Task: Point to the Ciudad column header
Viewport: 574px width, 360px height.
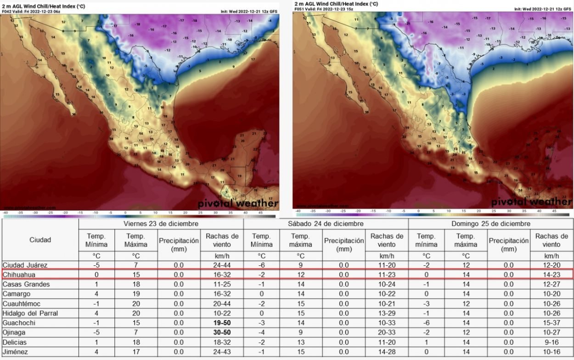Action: pyautogui.click(x=40, y=240)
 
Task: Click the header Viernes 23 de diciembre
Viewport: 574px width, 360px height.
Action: pyautogui.click(x=161, y=224)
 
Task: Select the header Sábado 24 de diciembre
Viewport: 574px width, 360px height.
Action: pyautogui.click(x=326, y=224)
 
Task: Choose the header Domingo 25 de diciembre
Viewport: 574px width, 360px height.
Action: pyautogui.click(x=490, y=224)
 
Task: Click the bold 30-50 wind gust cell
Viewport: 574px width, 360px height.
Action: pyautogui.click(x=222, y=332)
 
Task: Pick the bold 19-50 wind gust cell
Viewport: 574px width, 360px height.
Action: pyautogui.click(x=222, y=323)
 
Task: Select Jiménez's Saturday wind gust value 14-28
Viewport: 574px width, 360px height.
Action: pyautogui.click(x=387, y=352)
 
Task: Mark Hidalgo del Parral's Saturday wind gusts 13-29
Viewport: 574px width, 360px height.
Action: pyautogui.click(x=387, y=313)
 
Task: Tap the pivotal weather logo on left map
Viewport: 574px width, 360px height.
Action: pyautogui.click(x=238, y=203)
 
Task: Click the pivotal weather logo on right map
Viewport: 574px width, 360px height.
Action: pyautogui.click(x=531, y=202)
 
